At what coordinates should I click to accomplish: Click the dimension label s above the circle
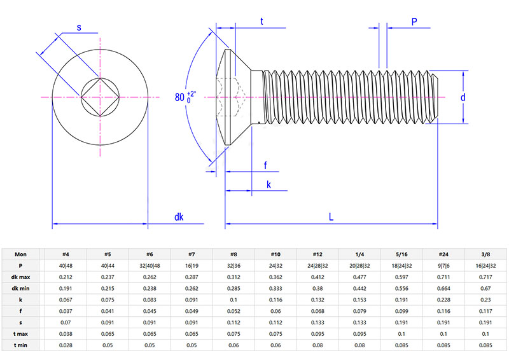click(x=79, y=27)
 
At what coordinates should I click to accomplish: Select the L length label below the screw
click(x=331, y=217)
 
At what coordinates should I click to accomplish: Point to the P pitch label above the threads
click(x=414, y=22)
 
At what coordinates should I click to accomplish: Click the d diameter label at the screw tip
click(x=463, y=97)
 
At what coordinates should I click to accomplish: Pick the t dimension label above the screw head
click(x=262, y=22)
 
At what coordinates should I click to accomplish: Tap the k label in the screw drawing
click(x=268, y=184)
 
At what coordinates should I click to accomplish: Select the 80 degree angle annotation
click(x=185, y=97)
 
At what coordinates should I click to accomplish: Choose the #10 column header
click(x=275, y=253)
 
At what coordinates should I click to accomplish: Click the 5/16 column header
click(x=401, y=253)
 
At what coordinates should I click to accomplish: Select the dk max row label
click(x=21, y=276)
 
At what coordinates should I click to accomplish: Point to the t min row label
click(x=21, y=344)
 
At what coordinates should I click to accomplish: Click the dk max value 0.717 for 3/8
click(x=485, y=276)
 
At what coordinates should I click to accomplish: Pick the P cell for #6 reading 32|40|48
click(x=149, y=265)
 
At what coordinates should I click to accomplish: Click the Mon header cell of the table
click(x=21, y=253)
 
